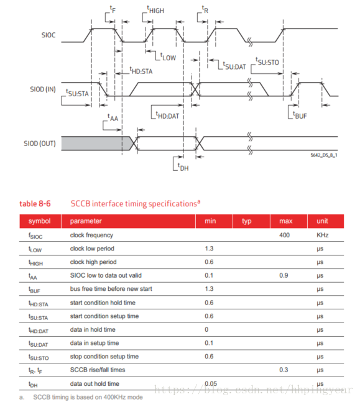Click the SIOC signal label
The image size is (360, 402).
pyautogui.click(x=48, y=35)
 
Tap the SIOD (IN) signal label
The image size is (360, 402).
pyautogui.click(x=43, y=89)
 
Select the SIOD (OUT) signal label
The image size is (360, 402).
pyautogui.click(x=40, y=144)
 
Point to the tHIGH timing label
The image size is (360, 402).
pyautogui.click(x=155, y=10)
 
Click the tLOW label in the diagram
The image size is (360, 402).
pyautogui.click(x=168, y=57)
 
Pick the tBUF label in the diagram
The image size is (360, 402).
pyautogui.click(x=300, y=115)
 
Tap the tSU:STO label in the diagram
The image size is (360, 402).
pyautogui.click(x=267, y=62)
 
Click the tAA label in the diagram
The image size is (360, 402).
pyautogui.click(x=113, y=117)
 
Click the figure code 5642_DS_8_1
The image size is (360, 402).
pyautogui.click(x=324, y=155)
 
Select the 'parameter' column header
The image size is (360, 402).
pyautogui.click(x=86, y=221)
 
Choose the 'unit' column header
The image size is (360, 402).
pyautogui.click(x=322, y=221)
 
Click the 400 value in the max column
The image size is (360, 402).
pyautogui.click(x=284, y=235)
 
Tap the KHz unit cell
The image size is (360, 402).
pyautogui.click(x=323, y=235)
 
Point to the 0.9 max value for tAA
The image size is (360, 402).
pyautogui.click(x=284, y=275)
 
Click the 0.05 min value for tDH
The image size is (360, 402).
pyautogui.click(x=211, y=383)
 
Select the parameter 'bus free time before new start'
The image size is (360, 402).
pyautogui.click(x=111, y=289)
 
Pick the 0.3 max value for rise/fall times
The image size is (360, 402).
pyautogui.click(x=284, y=370)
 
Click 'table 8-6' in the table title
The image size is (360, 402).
pyautogui.click(x=35, y=204)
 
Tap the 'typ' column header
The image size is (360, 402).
pyautogui.click(x=247, y=221)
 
